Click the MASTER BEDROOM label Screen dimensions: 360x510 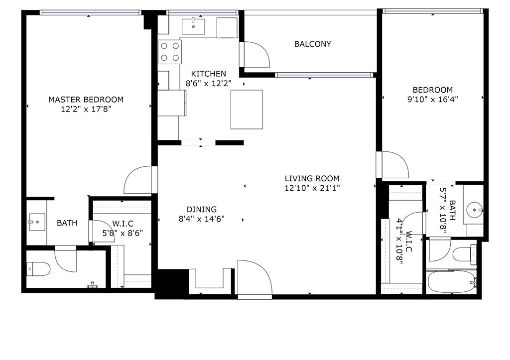point(86,100)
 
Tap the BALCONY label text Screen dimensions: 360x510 point(313,44)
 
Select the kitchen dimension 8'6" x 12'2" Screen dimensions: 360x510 point(209,84)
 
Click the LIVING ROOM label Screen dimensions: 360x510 point(312,178)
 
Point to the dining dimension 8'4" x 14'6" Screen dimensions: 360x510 point(202,219)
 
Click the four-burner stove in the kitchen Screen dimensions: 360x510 point(170,51)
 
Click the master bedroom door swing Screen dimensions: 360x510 point(138,181)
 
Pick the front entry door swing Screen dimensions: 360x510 point(254,279)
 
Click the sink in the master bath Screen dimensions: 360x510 point(36,220)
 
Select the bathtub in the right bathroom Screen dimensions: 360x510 point(451,283)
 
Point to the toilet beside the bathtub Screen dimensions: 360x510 point(465,254)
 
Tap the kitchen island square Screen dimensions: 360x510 point(247,109)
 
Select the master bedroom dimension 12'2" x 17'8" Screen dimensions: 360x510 point(86,109)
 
